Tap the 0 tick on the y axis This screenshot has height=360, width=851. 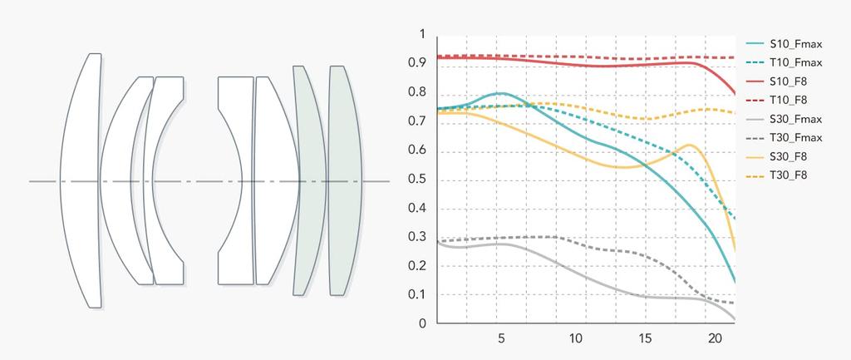(x=422, y=323)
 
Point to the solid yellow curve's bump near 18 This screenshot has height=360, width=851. (x=689, y=145)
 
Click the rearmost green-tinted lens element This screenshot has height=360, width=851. (x=346, y=180)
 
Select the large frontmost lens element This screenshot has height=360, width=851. (x=81, y=180)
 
